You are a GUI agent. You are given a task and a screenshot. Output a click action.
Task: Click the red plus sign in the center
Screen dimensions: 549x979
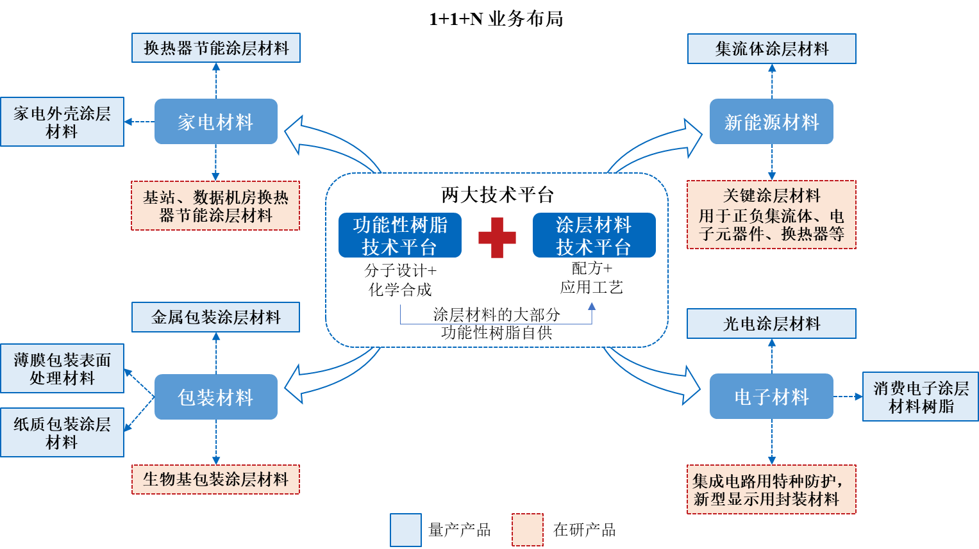(x=497, y=238)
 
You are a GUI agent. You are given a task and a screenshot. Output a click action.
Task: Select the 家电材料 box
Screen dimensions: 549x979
(x=215, y=122)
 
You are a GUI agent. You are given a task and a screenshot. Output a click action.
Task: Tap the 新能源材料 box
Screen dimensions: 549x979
(x=771, y=122)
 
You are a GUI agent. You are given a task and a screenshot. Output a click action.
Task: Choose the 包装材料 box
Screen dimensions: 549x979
(x=215, y=397)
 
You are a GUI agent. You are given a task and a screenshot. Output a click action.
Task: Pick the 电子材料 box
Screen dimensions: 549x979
(x=771, y=397)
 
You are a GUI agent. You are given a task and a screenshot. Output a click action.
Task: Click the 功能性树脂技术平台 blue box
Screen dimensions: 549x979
(x=400, y=235)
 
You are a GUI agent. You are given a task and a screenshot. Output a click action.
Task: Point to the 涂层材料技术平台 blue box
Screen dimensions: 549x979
(x=594, y=235)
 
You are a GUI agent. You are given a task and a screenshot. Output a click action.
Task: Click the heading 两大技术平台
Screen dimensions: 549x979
(x=497, y=194)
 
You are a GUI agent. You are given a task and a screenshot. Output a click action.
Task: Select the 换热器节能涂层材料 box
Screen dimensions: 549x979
(x=216, y=48)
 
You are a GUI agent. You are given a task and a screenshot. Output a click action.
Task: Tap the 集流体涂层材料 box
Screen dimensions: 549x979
(x=771, y=49)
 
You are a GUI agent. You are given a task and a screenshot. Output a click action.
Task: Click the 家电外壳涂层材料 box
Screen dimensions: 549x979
(x=62, y=122)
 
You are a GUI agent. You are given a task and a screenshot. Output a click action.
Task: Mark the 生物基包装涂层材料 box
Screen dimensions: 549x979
(x=215, y=479)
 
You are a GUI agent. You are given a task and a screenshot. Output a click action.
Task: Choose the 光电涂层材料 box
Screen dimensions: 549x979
(x=771, y=324)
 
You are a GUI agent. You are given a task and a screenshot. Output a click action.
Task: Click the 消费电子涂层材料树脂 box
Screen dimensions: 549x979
(x=920, y=397)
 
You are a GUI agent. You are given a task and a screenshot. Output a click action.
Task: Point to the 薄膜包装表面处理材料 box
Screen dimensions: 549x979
(x=62, y=368)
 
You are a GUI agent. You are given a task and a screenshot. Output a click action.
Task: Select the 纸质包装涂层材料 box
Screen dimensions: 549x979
(x=62, y=432)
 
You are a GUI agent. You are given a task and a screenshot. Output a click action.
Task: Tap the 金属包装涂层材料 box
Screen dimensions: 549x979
(x=215, y=317)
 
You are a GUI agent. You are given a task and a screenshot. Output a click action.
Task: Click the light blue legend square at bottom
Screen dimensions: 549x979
(x=406, y=530)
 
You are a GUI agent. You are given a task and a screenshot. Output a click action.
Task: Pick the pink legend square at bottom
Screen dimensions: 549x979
(x=527, y=530)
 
